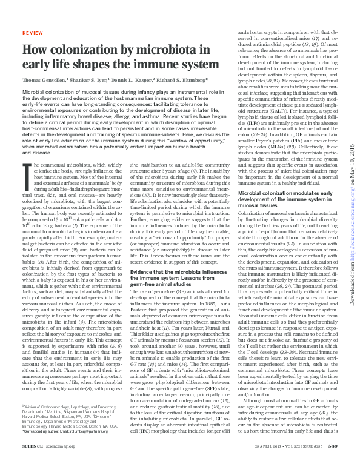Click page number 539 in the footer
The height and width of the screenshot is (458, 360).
coord(332,447)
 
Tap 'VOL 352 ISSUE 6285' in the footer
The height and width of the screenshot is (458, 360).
coord(294,447)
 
